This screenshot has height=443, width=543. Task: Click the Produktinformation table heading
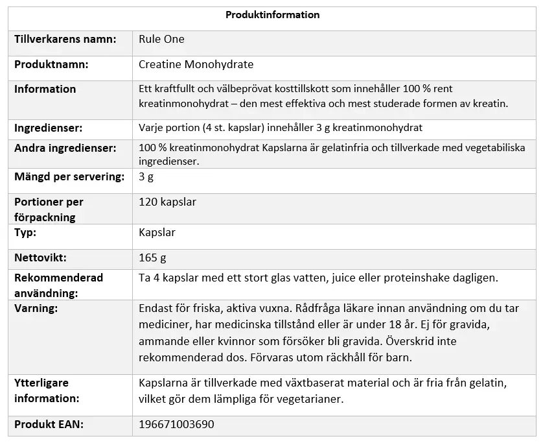[x=272, y=15]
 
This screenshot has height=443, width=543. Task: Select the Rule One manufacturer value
[x=161, y=39]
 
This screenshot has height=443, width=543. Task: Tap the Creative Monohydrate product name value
[x=196, y=65]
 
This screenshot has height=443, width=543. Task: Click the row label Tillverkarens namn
[x=65, y=39]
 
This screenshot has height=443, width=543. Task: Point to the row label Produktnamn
[x=51, y=65]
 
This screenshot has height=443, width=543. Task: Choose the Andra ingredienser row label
[x=65, y=148]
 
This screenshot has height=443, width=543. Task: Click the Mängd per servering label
[x=69, y=176]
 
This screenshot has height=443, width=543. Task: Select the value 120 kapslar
[x=167, y=202]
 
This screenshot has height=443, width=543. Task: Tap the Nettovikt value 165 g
[x=152, y=258]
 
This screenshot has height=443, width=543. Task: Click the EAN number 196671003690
[x=176, y=425]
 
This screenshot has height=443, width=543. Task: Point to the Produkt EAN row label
[x=49, y=425]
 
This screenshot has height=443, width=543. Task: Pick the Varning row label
[x=36, y=308]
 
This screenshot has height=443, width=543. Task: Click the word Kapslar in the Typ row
[x=157, y=232]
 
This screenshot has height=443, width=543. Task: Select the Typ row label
[x=25, y=232]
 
